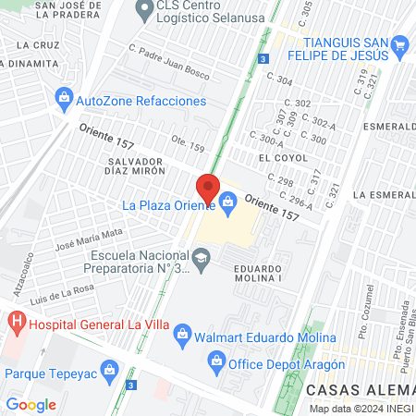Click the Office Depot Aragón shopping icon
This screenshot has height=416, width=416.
pyautogui.click(x=214, y=361)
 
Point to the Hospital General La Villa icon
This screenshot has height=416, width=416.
pyautogui.click(x=16, y=323)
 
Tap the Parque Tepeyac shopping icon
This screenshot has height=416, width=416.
pyautogui.click(x=110, y=373)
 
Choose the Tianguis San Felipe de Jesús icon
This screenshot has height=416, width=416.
pyautogui.click(x=399, y=43)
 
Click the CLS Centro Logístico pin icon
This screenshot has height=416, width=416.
pyautogui.click(x=143, y=12)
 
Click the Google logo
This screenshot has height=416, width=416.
pyautogui.click(x=31, y=403)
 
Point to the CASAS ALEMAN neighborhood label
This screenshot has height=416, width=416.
pyautogui.click(x=360, y=392)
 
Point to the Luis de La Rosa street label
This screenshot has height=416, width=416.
pyautogui.click(x=64, y=290)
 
